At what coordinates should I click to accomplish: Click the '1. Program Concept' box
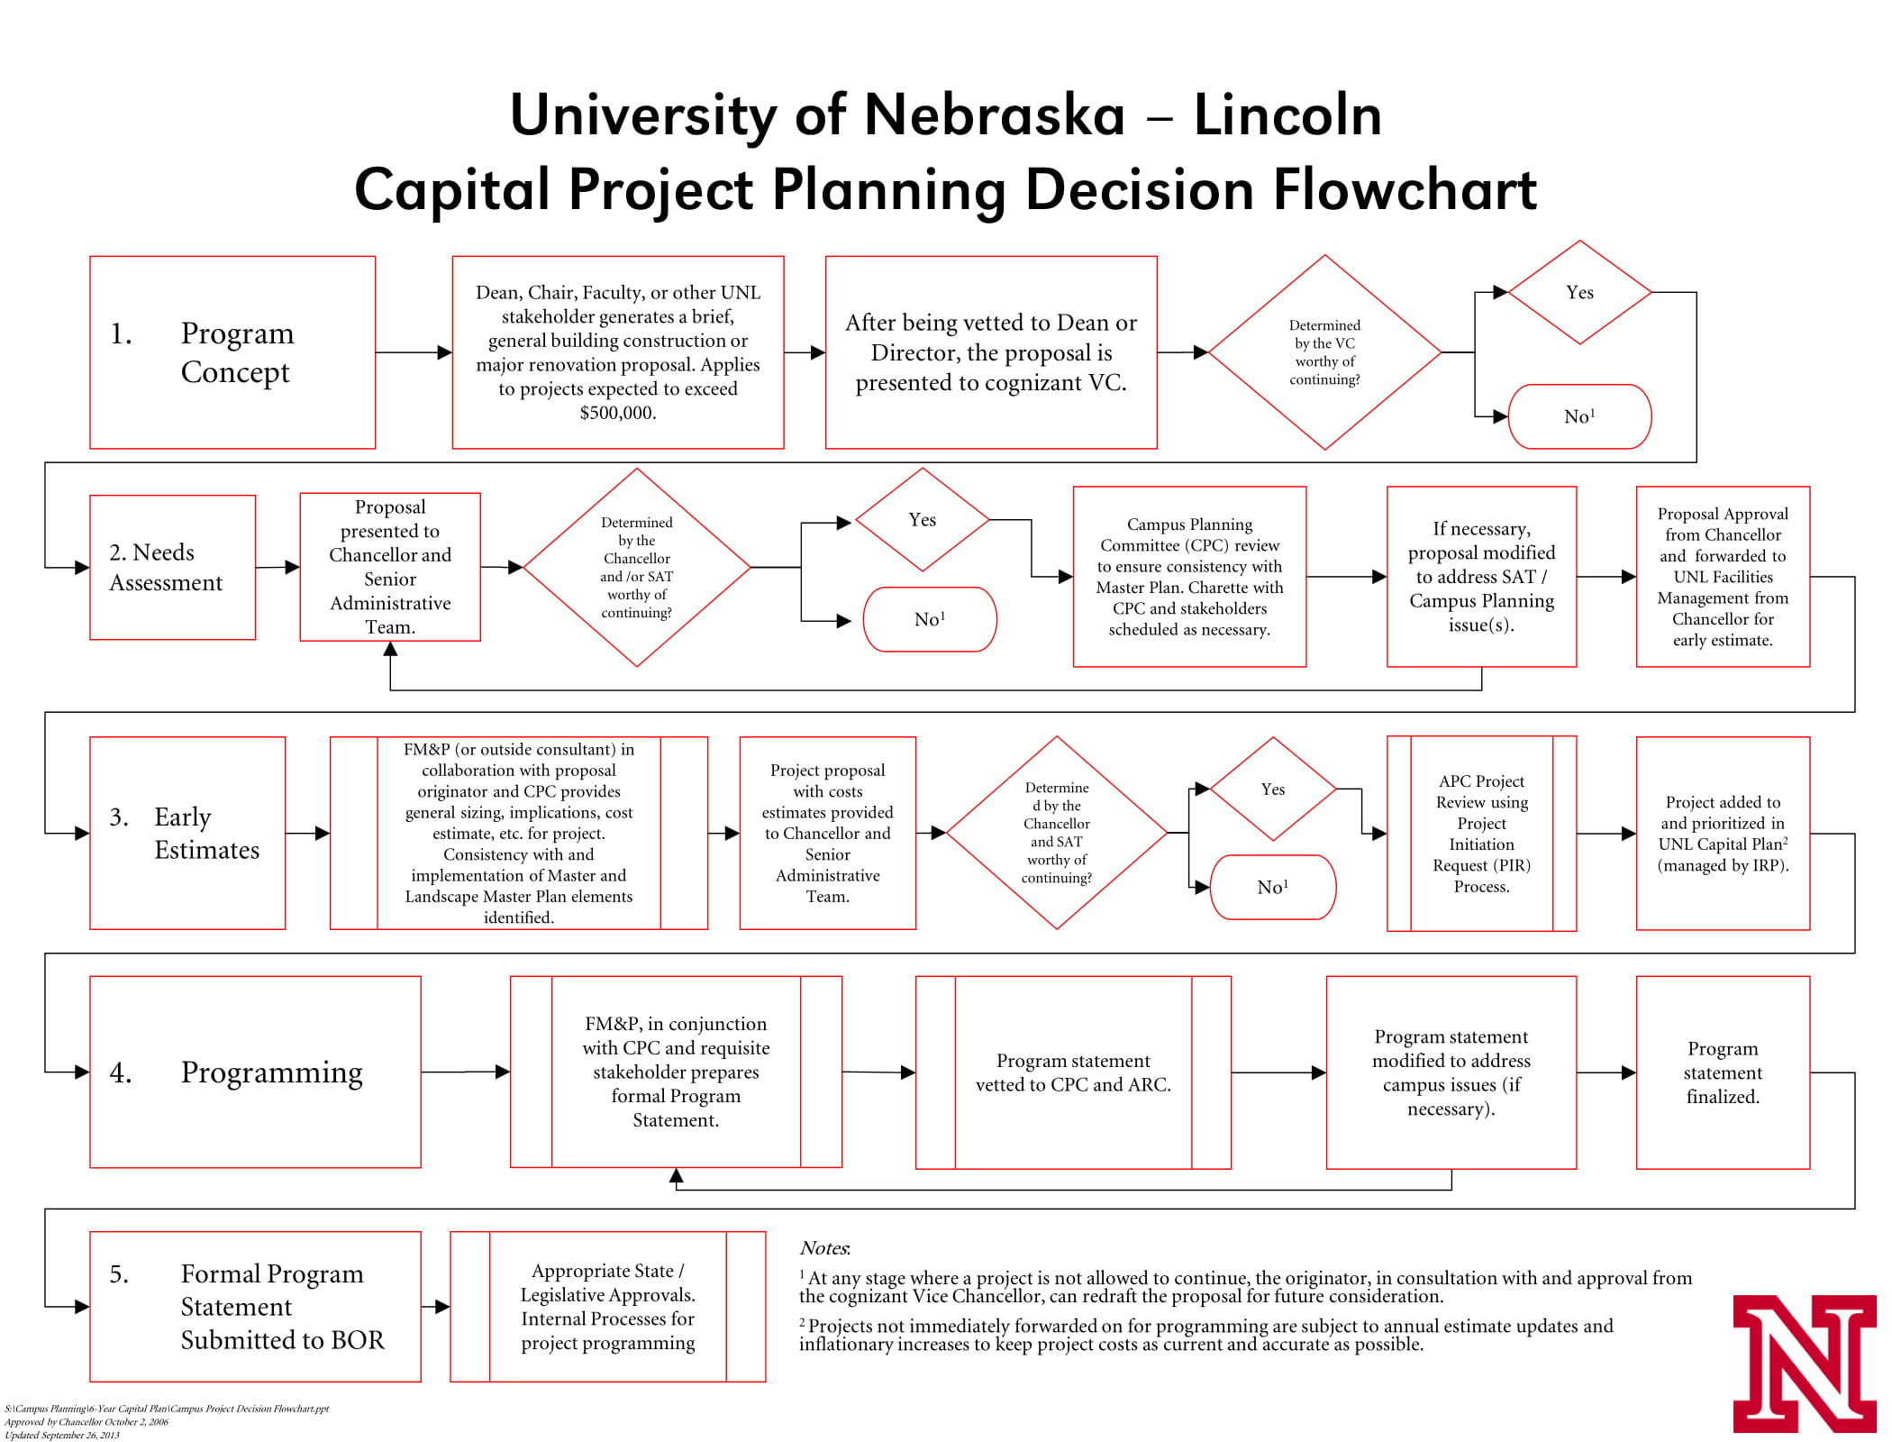coord(232,352)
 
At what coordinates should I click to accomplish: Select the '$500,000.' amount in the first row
coord(617,414)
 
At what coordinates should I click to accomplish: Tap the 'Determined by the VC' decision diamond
coord(1323,352)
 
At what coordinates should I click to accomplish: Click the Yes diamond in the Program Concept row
coord(1578,292)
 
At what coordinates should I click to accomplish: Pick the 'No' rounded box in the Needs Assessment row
coord(929,619)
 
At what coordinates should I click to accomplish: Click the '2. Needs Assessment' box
coord(172,567)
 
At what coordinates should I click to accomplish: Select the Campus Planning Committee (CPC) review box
coord(1188,577)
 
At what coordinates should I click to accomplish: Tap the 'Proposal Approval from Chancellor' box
coord(1722,577)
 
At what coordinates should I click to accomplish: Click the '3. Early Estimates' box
coord(187,833)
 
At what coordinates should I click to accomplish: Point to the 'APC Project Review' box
coord(1480,833)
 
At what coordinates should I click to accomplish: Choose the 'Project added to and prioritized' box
coord(1722,833)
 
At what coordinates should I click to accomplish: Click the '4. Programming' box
coord(255,1072)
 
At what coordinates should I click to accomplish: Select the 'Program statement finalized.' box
coord(1722,1072)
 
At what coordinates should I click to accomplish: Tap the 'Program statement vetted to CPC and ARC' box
coord(1072,1072)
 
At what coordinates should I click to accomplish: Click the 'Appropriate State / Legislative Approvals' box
coord(607,1306)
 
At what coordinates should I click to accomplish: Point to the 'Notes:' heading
coord(823,1248)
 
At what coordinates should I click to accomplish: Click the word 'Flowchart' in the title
coord(1404,190)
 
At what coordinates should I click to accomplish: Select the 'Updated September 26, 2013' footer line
coord(62,1435)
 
